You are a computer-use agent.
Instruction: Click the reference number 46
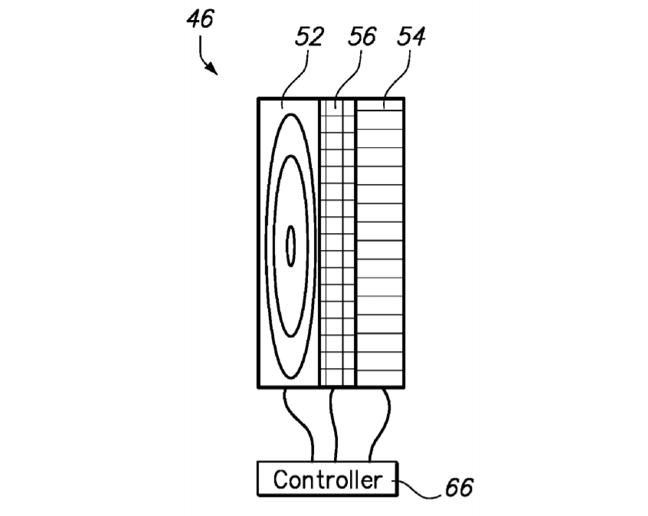(x=201, y=19)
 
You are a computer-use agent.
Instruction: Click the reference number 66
(x=459, y=487)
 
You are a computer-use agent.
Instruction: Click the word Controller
(x=327, y=480)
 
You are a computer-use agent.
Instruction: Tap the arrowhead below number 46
(x=212, y=69)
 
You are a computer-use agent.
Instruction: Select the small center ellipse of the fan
(x=291, y=246)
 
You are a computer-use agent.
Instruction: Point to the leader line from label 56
(x=347, y=79)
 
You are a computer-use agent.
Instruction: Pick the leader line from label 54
(x=397, y=79)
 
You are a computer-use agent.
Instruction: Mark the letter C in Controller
(x=280, y=480)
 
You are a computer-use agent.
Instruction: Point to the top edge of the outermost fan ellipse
(x=291, y=114)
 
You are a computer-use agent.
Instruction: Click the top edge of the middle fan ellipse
(x=291, y=156)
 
